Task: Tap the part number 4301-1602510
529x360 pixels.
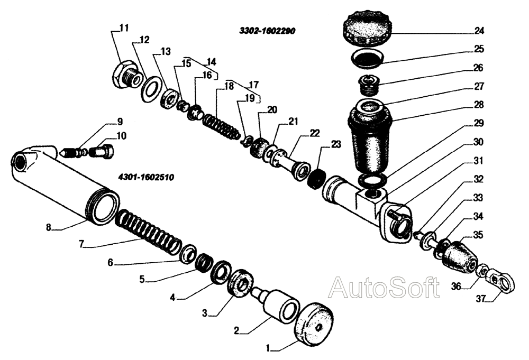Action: pyautogui.click(x=142, y=177)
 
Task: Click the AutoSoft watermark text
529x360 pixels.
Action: pyautogui.click(x=384, y=288)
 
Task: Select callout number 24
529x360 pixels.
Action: pyautogui.click(x=494, y=31)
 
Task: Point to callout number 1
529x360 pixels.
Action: pyautogui.click(x=268, y=349)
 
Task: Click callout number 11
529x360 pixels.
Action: pyautogui.click(x=123, y=27)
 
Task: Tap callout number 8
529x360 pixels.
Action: pyautogui.click(x=49, y=228)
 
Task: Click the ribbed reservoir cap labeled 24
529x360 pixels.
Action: pyautogui.click(x=366, y=31)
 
